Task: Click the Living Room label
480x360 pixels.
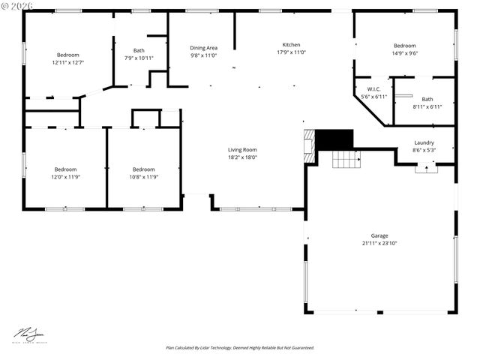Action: click(242, 149)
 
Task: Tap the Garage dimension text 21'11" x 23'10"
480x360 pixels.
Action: click(379, 243)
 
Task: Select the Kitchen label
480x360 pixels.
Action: click(291, 44)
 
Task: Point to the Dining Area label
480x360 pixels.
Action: click(203, 47)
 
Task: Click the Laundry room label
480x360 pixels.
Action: click(424, 142)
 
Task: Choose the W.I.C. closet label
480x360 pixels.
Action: click(373, 89)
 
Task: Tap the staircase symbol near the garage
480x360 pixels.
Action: click(346, 159)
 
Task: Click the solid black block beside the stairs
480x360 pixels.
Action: click(334, 139)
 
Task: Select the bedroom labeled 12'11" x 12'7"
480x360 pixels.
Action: click(67, 58)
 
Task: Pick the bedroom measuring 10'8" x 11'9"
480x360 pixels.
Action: click(143, 173)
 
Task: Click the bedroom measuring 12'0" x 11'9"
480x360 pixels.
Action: click(65, 173)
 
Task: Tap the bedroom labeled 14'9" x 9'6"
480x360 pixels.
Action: click(404, 49)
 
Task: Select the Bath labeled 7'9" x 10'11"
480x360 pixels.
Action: click(139, 54)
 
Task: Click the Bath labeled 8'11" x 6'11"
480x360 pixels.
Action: click(427, 103)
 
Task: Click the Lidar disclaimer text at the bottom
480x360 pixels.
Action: click(240, 348)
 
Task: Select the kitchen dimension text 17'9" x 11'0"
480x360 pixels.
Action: click(291, 52)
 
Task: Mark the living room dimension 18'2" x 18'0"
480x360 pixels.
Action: click(242, 157)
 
